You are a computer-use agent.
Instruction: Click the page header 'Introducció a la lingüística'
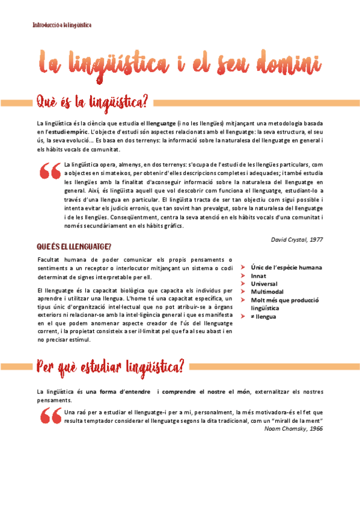click(x=62, y=25)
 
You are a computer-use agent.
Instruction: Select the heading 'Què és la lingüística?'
click(x=92, y=100)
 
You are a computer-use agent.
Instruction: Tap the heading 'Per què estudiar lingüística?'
click(x=110, y=366)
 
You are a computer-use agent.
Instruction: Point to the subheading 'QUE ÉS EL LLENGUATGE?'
click(x=74, y=247)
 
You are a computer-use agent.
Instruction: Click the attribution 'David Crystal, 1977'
click(x=298, y=239)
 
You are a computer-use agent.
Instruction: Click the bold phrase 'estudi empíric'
click(x=66, y=131)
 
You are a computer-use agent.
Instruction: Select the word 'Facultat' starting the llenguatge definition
click(x=49, y=259)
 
